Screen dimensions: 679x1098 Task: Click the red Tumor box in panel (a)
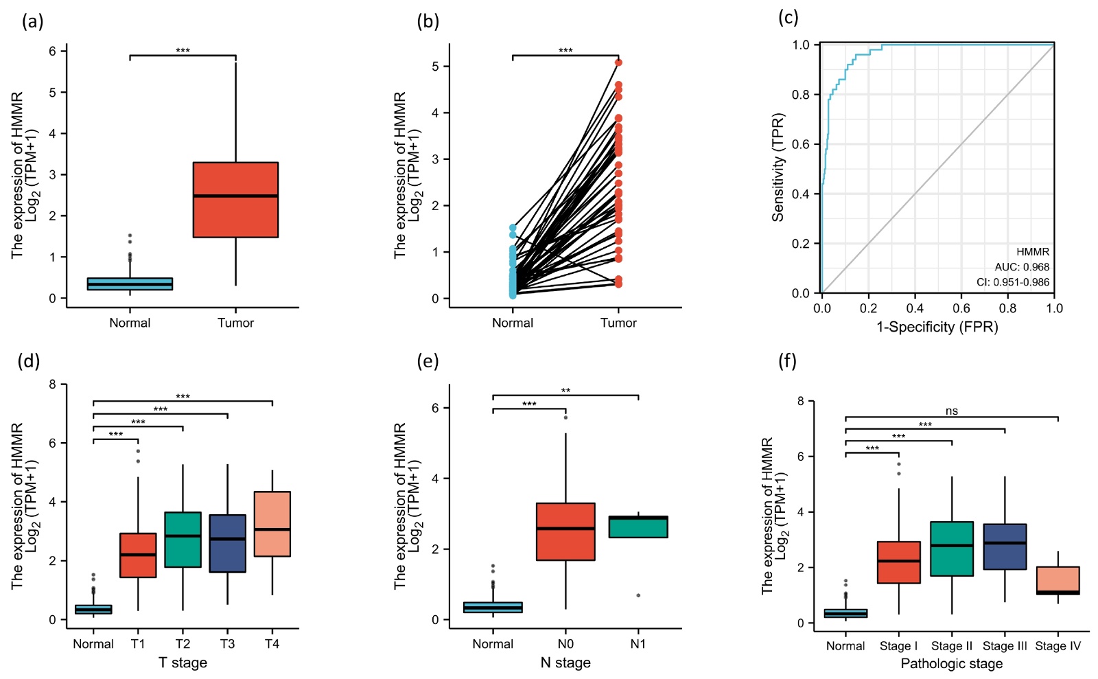tap(235, 200)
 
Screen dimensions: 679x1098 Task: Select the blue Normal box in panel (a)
tap(130, 284)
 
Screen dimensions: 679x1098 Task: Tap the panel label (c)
tap(789, 18)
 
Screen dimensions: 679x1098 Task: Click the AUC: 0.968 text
tap(1022, 267)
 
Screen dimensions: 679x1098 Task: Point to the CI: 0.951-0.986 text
tap(1013, 282)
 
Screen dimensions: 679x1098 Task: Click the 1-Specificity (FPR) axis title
tap(937, 327)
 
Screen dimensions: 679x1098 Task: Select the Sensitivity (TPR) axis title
tap(778, 168)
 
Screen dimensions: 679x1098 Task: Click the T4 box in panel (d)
tap(272, 524)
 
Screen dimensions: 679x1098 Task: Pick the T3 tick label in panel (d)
tap(227, 644)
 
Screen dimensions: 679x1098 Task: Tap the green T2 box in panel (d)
tap(183, 540)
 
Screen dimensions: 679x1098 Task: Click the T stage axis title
tap(183, 663)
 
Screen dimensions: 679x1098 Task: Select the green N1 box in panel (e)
tap(638, 527)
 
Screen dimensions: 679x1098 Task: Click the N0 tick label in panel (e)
tap(565, 644)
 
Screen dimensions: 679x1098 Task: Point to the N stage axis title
tap(565, 663)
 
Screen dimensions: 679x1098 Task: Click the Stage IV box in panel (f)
tap(1058, 580)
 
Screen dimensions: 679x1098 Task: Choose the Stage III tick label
tap(1005, 646)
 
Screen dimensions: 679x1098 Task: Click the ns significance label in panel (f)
tap(951, 411)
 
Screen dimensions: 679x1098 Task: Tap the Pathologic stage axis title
tap(951, 664)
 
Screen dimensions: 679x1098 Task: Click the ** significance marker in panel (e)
tap(565, 391)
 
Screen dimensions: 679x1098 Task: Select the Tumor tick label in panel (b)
tap(618, 323)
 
